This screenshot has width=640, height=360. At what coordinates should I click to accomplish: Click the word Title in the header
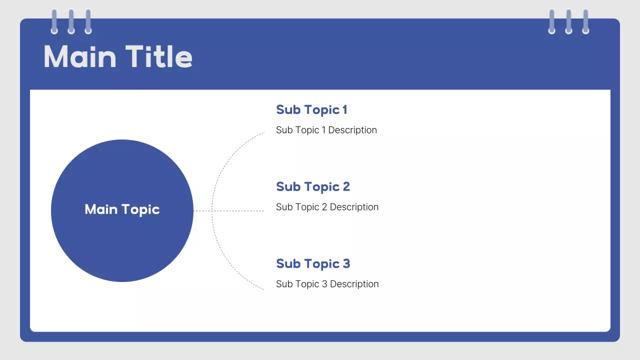[158, 56]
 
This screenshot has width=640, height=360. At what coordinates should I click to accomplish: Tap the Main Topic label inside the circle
[122, 209]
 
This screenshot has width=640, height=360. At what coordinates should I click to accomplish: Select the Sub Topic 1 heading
[311, 110]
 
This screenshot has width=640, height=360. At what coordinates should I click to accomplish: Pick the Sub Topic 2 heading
[313, 187]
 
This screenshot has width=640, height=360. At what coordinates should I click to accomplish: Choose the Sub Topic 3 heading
[313, 264]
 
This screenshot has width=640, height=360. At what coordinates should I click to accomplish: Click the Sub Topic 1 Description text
[326, 130]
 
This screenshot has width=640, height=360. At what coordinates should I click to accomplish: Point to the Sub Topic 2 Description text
[327, 207]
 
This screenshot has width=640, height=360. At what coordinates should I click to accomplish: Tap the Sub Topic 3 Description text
[327, 284]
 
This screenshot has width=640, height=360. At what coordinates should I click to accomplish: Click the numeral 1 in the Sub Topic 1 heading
[344, 110]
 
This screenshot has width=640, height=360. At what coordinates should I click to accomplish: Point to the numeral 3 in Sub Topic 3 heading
[345, 264]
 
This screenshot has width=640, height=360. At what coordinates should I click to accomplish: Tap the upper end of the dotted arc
[262, 133]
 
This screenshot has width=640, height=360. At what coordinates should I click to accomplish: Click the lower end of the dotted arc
[262, 288]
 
